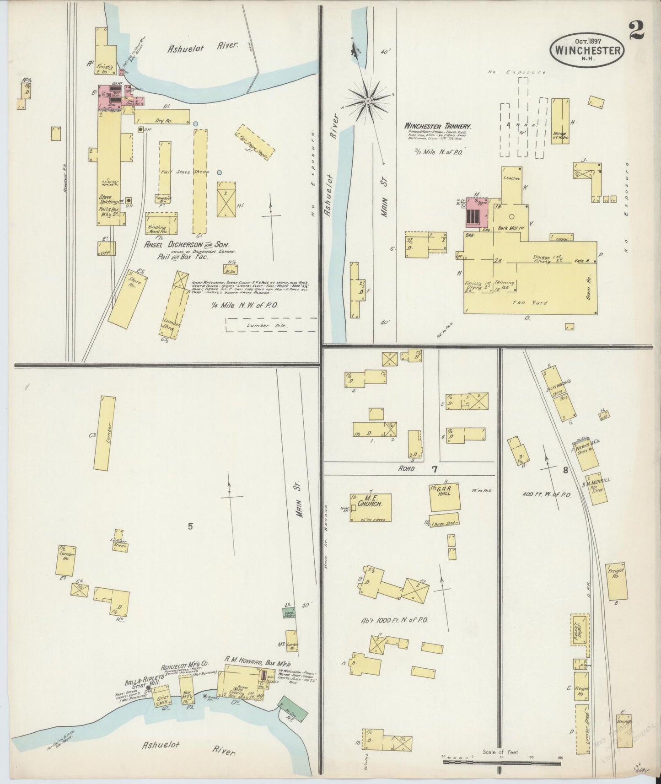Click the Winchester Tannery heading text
(x=437, y=126)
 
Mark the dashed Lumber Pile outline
(x=271, y=325)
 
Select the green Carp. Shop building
(x=289, y=614)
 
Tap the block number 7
(x=434, y=469)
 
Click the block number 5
(x=190, y=526)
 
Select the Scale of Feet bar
(x=501, y=762)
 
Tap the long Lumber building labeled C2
(x=105, y=433)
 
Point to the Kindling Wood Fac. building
(x=161, y=223)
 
